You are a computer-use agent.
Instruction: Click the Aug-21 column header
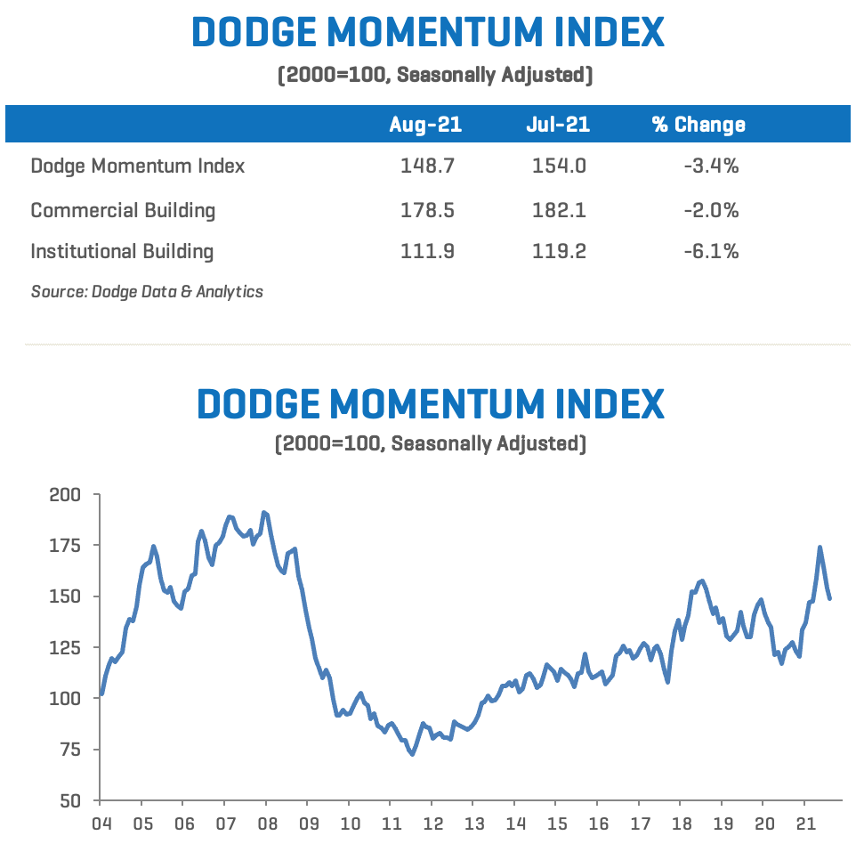(x=425, y=125)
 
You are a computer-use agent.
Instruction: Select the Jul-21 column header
(x=558, y=125)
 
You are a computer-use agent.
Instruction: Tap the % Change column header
(x=699, y=125)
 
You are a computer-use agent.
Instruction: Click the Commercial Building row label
(x=123, y=211)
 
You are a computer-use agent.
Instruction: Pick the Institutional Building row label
(x=122, y=252)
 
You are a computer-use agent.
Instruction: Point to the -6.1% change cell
(x=711, y=252)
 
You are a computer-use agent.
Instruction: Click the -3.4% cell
(x=711, y=166)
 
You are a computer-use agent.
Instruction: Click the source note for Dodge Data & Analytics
(x=147, y=291)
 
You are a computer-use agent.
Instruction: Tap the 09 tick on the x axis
(x=309, y=823)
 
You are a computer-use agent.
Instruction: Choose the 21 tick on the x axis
(x=805, y=823)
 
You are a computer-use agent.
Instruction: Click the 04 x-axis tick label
(x=100, y=823)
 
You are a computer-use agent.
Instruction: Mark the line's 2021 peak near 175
(x=820, y=548)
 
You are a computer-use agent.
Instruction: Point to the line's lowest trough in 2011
(x=412, y=754)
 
